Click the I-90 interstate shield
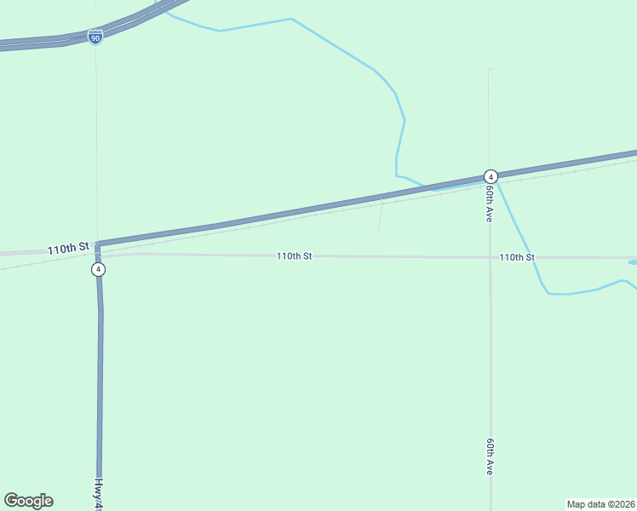(95, 37)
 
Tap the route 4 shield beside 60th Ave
(491, 176)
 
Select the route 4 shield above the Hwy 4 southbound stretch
(99, 269)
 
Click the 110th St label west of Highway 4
(68, 249)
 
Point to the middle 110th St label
(294, 255)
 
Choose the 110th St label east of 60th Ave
(517, 257)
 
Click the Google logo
(28, 501)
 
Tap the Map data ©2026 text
(600, 504)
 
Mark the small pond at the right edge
(632, 262)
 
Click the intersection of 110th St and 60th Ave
(491, 257)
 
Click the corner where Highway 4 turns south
(98, 246)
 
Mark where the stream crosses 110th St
(533, 257)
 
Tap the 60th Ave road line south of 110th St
(491, 358)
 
